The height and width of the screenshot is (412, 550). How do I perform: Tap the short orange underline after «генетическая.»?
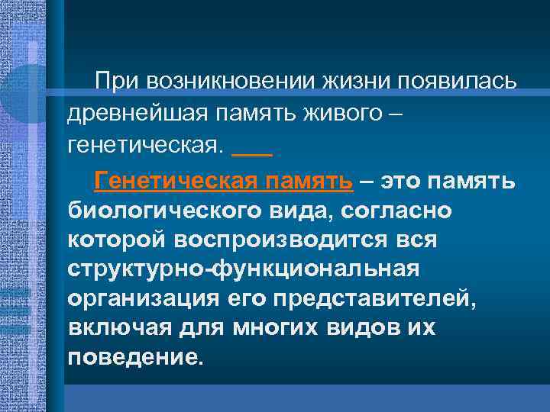251,155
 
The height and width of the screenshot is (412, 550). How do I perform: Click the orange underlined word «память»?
312,180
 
